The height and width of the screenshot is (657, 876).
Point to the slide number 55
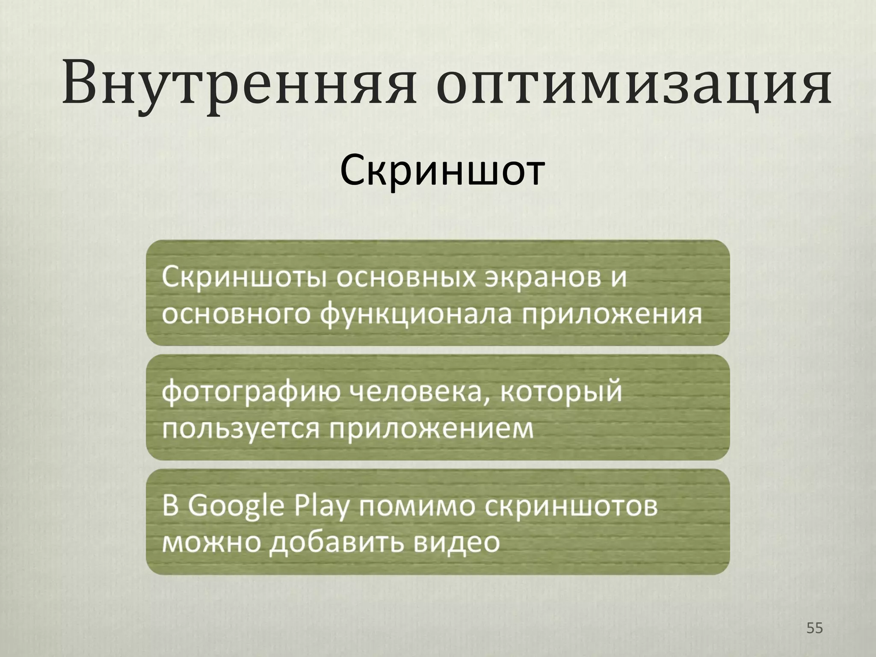click(x=814, y=628)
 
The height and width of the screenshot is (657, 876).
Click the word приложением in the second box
click(x=432, y=429)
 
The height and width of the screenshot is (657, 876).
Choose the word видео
click(x=456, y=543)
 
